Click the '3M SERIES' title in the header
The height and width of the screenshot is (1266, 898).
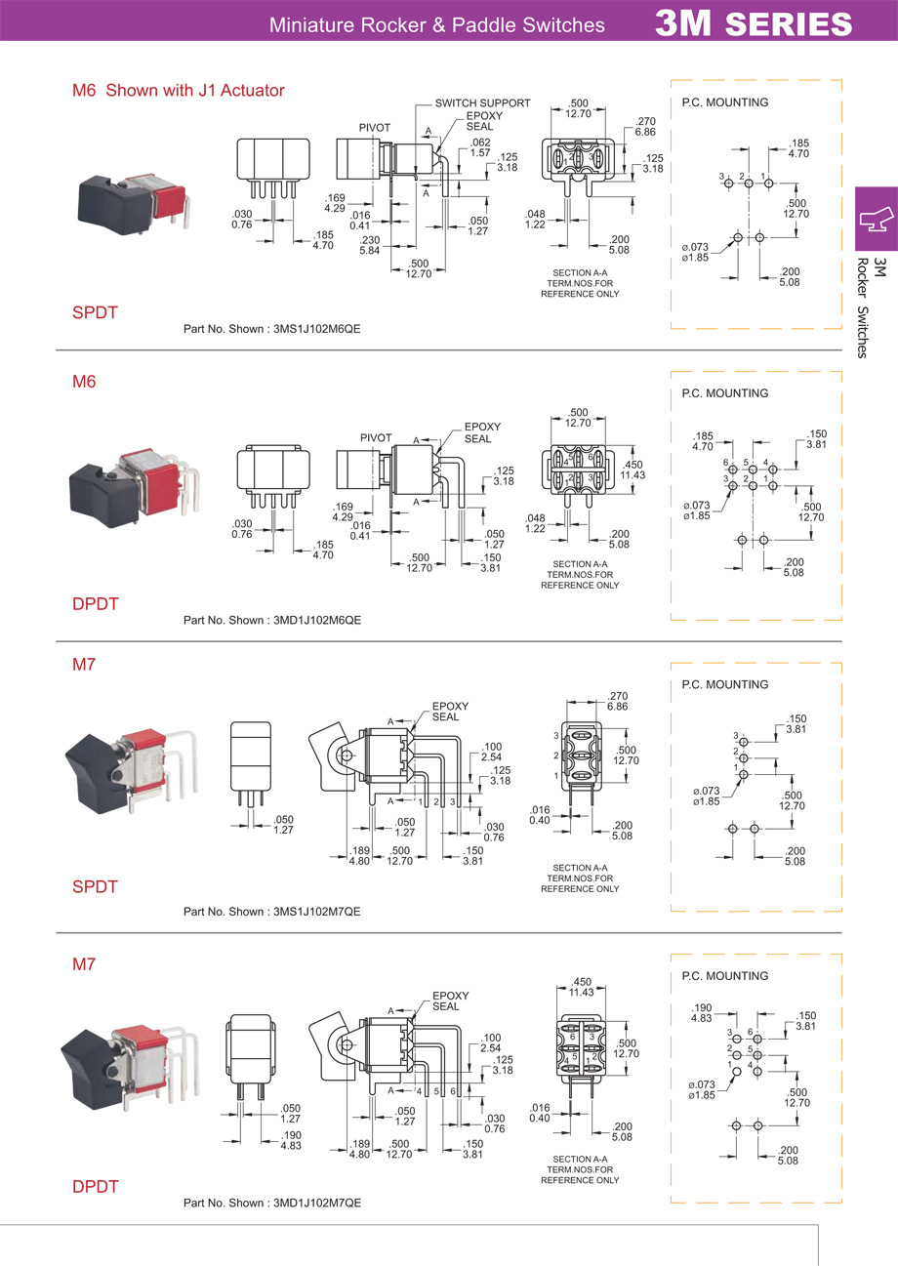pyautogui.click(x=753, y=22)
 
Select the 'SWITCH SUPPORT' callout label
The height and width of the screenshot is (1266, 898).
pyautogui.click(x=482, y=102)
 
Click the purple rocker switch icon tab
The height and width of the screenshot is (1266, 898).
pyautogui.click(x=876, y=219)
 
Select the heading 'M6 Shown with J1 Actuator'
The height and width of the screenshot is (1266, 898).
pyautogui.click(x=178, y=91)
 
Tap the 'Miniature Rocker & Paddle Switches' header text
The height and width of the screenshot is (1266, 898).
pyautogui.click(x=436, y=24)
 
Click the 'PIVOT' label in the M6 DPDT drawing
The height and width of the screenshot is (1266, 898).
pyautogui.click(x=376, y=437)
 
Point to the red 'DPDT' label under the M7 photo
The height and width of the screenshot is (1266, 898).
pyautogui.click(x=95, y=1187)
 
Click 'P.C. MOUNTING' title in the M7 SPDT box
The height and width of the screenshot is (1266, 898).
pyautogui.click(x=724, y=685)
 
